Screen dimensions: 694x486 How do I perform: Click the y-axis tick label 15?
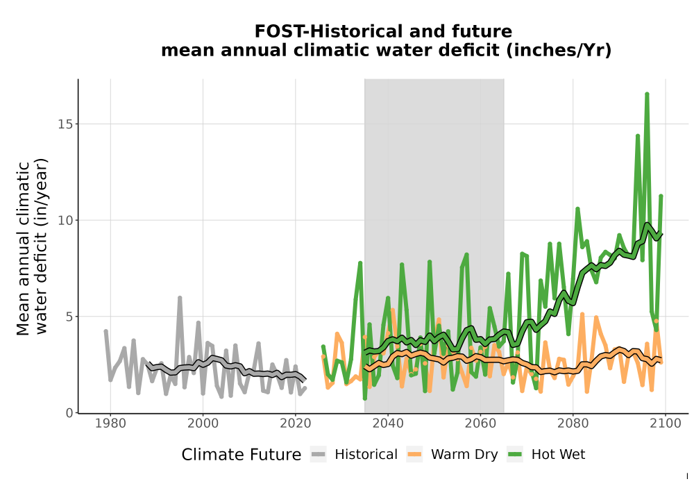tap(65, 124)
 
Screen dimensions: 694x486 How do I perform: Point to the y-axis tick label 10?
tap(65, 220)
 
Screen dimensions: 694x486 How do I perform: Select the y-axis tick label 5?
tap(69, 317)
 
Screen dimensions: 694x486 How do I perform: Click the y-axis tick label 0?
tap(69, 413)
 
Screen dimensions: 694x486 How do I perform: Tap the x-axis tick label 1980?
tap(110, 424)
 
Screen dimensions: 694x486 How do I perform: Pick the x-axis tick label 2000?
tap(203, 424)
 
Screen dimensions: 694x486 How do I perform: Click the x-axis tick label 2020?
tap(296, 424)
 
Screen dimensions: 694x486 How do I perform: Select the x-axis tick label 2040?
tap(388, 424)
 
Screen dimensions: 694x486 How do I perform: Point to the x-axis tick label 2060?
tap(481, 424)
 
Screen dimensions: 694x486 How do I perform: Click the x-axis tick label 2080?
tap(573, 424)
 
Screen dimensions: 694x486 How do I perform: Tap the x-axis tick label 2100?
tap(666, 424)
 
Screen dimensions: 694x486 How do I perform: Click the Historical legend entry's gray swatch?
tap(319, 455)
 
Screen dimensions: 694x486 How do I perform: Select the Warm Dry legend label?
tap(464, 455)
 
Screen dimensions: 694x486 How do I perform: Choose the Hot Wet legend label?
tap(558, 455)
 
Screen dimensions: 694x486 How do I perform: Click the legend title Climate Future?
tap(242, 455)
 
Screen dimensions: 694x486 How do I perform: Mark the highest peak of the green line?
tap(647, 94)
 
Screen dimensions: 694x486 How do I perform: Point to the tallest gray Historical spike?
tap(180, 298)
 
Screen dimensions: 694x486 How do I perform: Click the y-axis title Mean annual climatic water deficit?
tap(32, 248)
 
